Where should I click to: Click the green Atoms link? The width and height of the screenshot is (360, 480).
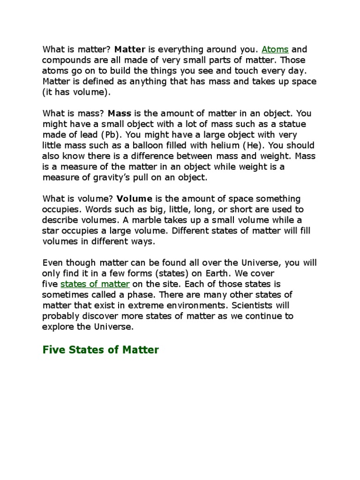tap(275, 49)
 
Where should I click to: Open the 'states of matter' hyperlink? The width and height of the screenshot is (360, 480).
tap(95, 284)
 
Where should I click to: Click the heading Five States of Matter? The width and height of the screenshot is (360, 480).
tap(101, 350)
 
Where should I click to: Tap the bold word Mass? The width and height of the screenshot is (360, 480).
tap(120, 113)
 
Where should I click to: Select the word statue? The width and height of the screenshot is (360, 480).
tap(292, 124)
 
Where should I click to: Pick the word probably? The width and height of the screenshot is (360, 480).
tap(60, 316)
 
